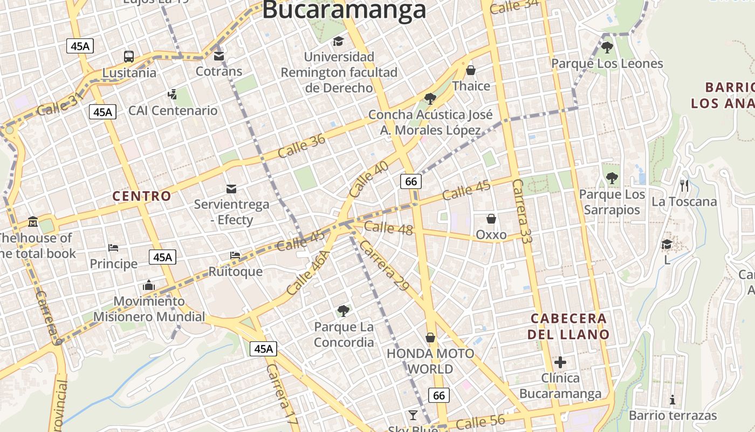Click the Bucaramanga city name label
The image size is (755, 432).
coord(344,10)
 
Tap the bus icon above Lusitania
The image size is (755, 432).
coord(129,56)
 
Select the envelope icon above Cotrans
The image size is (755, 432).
coord(218,56)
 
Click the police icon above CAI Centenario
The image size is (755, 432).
coord(172,94)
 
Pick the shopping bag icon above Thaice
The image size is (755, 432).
coord(471,70)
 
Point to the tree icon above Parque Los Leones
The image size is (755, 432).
coord(607,48)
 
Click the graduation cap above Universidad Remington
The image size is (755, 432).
coord(338,41)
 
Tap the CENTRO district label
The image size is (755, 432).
coord(141,196)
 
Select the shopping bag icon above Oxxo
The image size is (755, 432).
coord(491,219)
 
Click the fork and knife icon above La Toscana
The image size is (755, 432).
coord(684,186)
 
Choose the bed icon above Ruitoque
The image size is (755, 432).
coord(235,255)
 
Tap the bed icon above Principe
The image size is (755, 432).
coord(113,248)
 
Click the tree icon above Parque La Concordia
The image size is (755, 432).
coord(343,310)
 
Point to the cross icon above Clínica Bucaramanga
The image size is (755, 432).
coord(560,362)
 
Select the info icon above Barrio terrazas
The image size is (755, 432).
coord(672,400)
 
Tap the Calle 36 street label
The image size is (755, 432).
coord(301,146)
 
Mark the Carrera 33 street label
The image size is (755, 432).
coord(521,211)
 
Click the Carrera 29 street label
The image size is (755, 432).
coord(383,265)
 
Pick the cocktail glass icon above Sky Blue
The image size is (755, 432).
coord(413,415)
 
